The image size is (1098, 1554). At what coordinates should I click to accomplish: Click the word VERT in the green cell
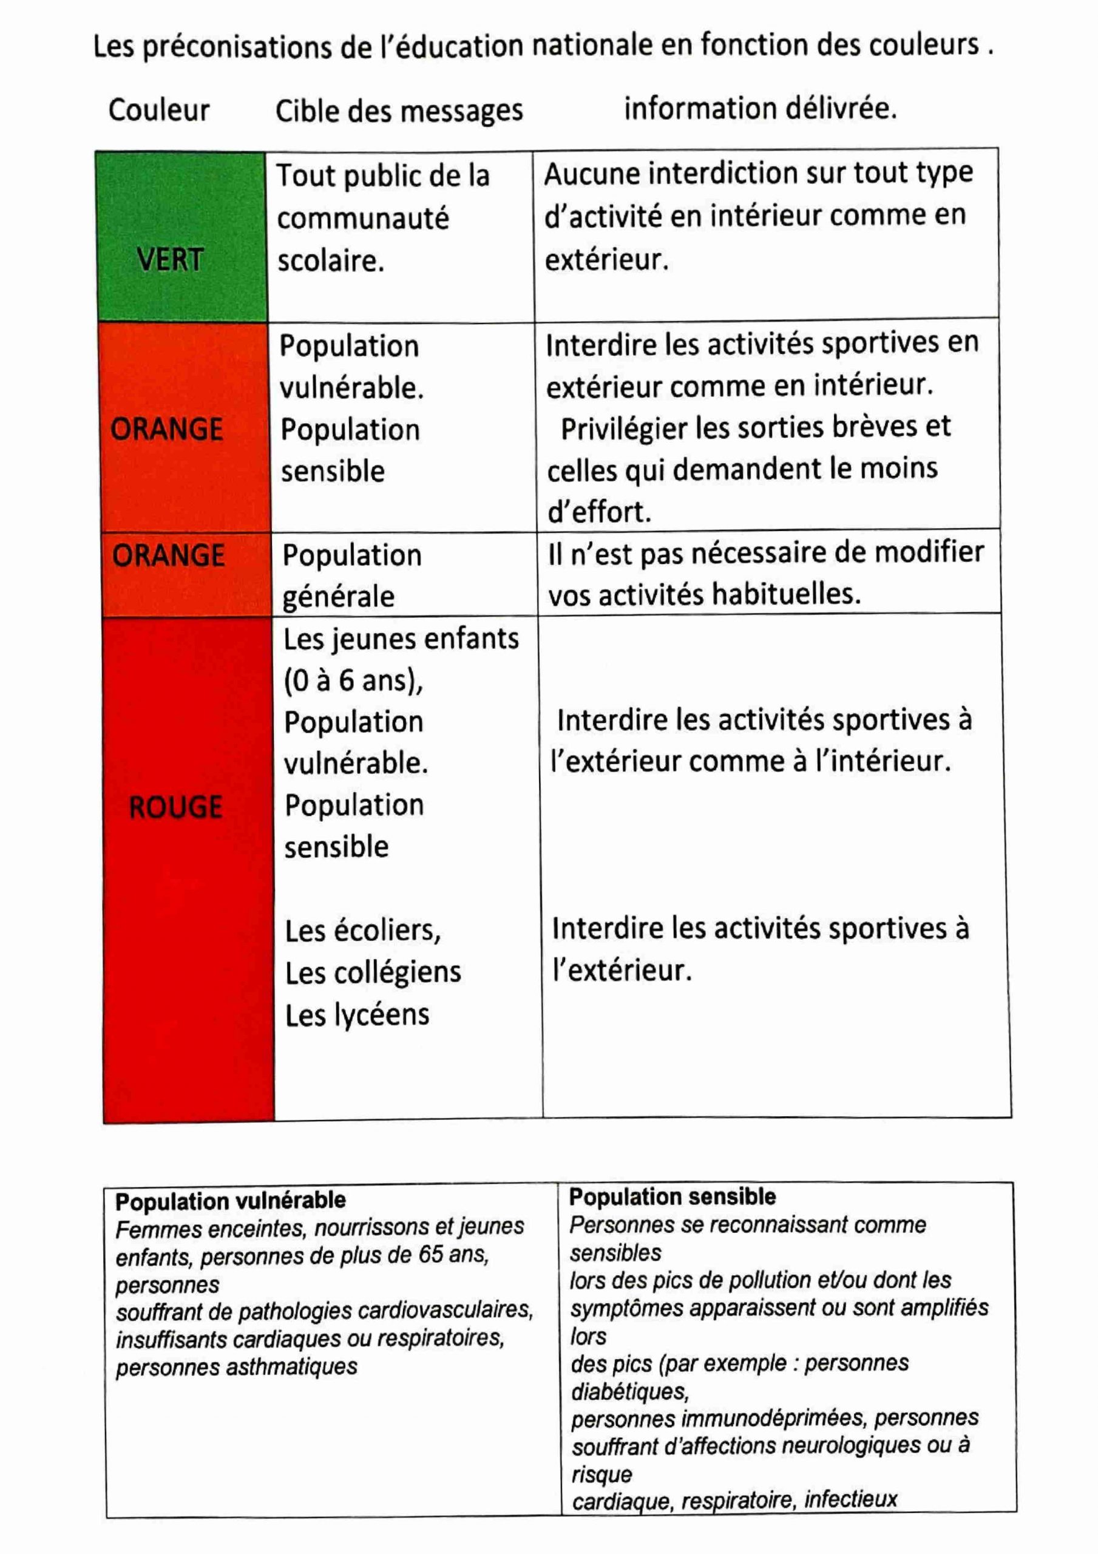click(x=170, y=260)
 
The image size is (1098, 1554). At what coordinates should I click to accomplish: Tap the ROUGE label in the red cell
click(x=175, y=807)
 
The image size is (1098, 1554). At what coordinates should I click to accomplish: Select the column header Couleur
click(x=159, y=110)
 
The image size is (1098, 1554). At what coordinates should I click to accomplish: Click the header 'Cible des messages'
click(x=399, y=111)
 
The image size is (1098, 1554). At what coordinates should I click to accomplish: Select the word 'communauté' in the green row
click(x=363, y=219)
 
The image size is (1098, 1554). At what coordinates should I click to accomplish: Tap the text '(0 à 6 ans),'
click(x=353, y=681)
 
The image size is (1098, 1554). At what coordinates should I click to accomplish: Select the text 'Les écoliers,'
click(x=363, y=931)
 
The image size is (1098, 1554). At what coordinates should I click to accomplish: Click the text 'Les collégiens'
click(x=373, y=973)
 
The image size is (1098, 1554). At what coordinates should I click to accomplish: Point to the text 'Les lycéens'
click(x=357, y=1015)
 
